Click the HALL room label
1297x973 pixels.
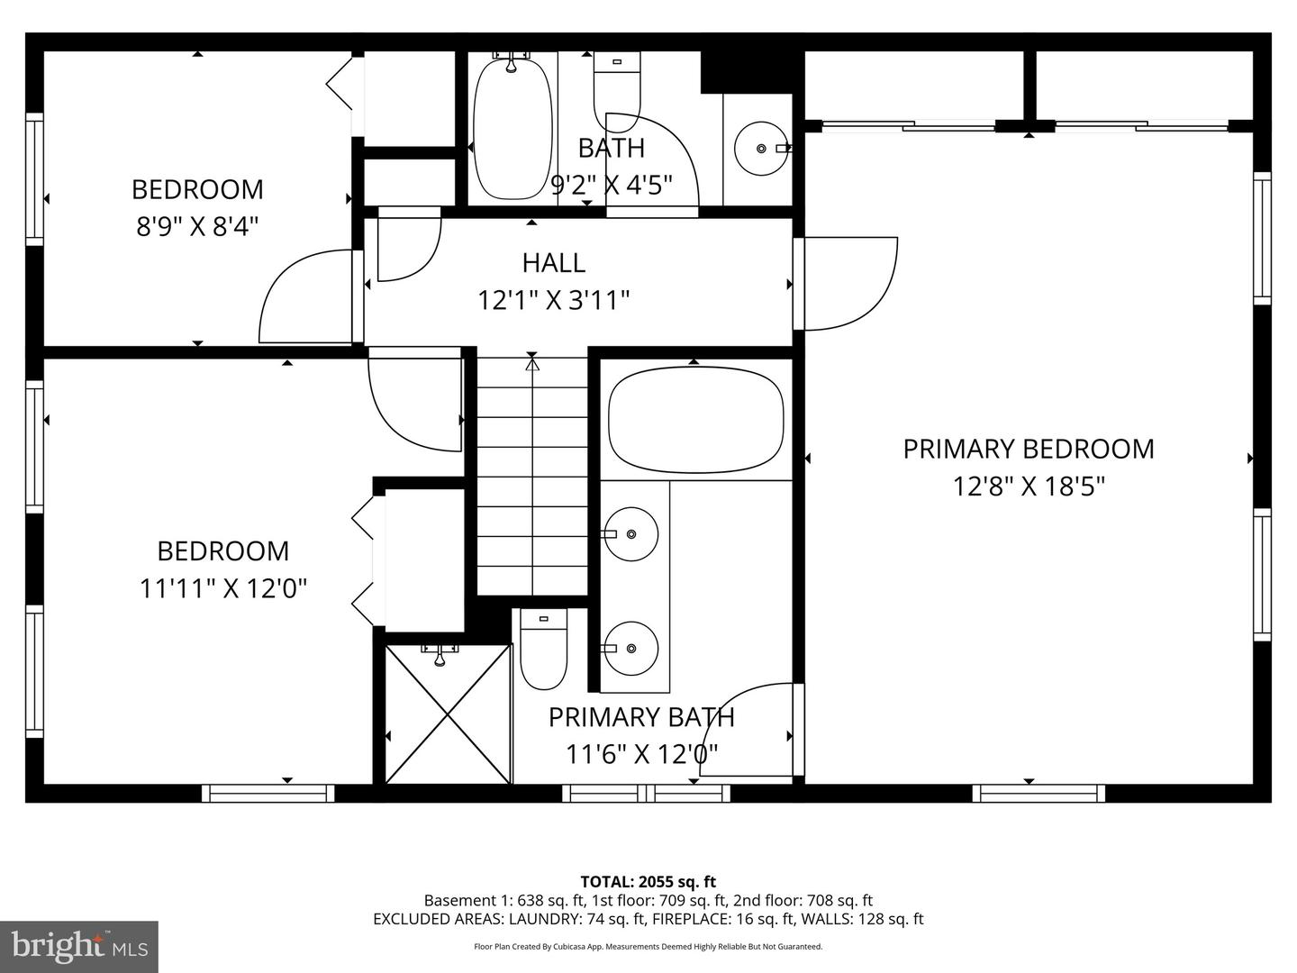pyautogui.click(x=553, y=262)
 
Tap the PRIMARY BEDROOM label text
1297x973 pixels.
pyautogui.click(x=1028, y=449)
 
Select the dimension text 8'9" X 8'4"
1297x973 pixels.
pyautogui.click(x=197, y=225)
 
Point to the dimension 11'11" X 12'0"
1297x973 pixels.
pyautogui.click(x=223, y=588)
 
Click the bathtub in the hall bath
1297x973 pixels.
pyautogui.click(x=512, y=128)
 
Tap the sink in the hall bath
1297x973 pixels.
pyautogui.click(x=761, y=148)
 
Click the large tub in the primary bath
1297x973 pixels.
pyautogui.click(x=694, y=420)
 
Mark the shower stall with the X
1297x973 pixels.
pyautogui.click(x=448, y=714)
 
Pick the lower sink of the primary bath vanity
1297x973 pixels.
pyautogui.click(x=630, y=648)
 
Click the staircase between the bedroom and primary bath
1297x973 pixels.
pyautogui.click(x=531, y=477)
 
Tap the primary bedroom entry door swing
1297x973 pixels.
pyautogui.click(x=847, y=282)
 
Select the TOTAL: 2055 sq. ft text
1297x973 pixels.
pyautogui.click(x=648, y=881)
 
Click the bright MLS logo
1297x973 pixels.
pyautogui.click(x=79, y=946)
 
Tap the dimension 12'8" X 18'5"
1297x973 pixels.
pyautogui.click(x=1029, y=486)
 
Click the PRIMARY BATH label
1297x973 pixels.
pyautogui.click(x=641, y=717)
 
